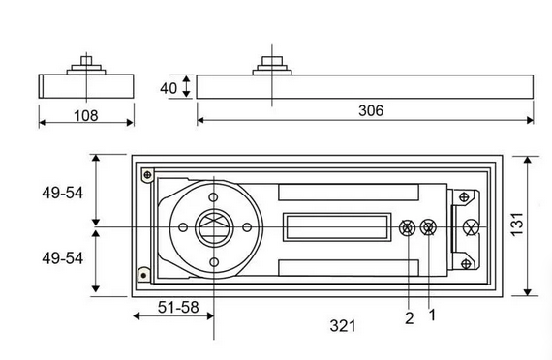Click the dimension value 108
(x=86, y=115)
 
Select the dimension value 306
(x=371, y=110)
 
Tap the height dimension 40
(x=169, y=88)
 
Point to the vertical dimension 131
(x=517, y=225)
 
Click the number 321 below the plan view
(x=343, y=326)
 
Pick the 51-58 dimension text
(x=178, y=307)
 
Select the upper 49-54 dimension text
(x=63, y=193)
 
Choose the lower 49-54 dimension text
(x=63, y=258)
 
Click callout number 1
(x=432, y=315)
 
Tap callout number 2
(x=409, y=318)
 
